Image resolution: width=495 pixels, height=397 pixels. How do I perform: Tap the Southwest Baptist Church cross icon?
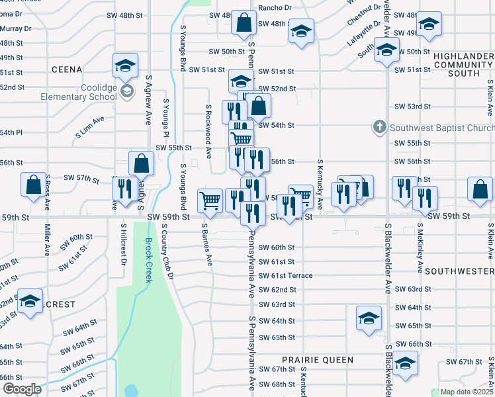tap(380, 126)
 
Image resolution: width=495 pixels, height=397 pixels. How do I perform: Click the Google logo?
tap(21, 389)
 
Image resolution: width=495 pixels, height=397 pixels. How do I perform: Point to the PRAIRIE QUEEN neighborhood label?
tap(317, 360)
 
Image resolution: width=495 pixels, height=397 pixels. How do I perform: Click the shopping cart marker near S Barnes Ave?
tap(210, 198)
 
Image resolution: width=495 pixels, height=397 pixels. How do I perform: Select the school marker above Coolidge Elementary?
tap(124, 65)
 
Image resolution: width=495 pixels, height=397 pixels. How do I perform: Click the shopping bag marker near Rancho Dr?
tap(244, 22)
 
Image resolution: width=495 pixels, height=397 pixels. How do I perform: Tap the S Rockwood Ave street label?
tap(208, 131)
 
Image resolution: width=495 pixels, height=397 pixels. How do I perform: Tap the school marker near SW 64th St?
tap(369, 318)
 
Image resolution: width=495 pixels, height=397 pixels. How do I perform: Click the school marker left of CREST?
tap(30, 301)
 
